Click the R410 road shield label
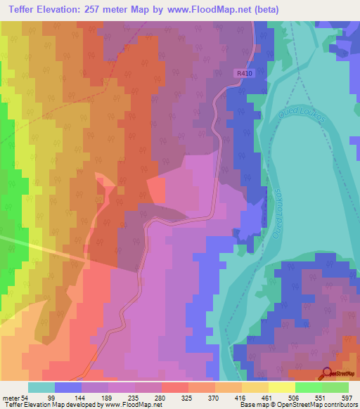tap(243, 72)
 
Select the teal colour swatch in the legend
tap(41, 387)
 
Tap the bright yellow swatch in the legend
tap(281, 387)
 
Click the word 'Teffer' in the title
tap(22, 10)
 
